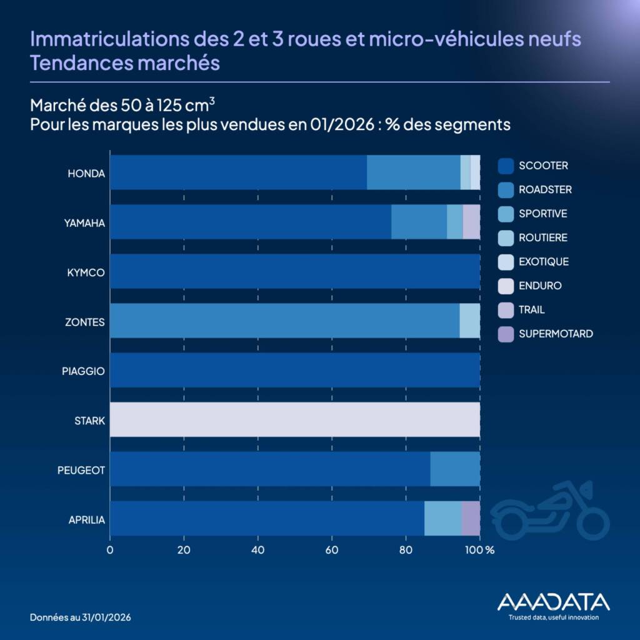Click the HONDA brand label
coord(86,173)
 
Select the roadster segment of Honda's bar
coord(413,172)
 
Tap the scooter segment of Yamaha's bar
coord(250,222)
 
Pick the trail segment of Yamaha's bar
coord(471,222)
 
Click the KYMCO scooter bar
coord(294,271)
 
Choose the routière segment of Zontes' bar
coord(469,321)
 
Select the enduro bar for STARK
coord(294,419)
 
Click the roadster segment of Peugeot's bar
coord(455,469)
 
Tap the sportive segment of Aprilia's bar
coord(442,518)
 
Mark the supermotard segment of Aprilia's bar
coord(471,518)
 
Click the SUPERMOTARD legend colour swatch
coord(506,334)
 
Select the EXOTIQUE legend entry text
coord(543,262)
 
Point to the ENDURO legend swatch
coord(506,286)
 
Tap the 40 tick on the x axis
coord(257,551)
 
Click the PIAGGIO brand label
coord(83,371)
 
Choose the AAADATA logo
coord(553,605)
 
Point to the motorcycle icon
coord(549,510)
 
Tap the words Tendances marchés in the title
coord(125,63)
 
